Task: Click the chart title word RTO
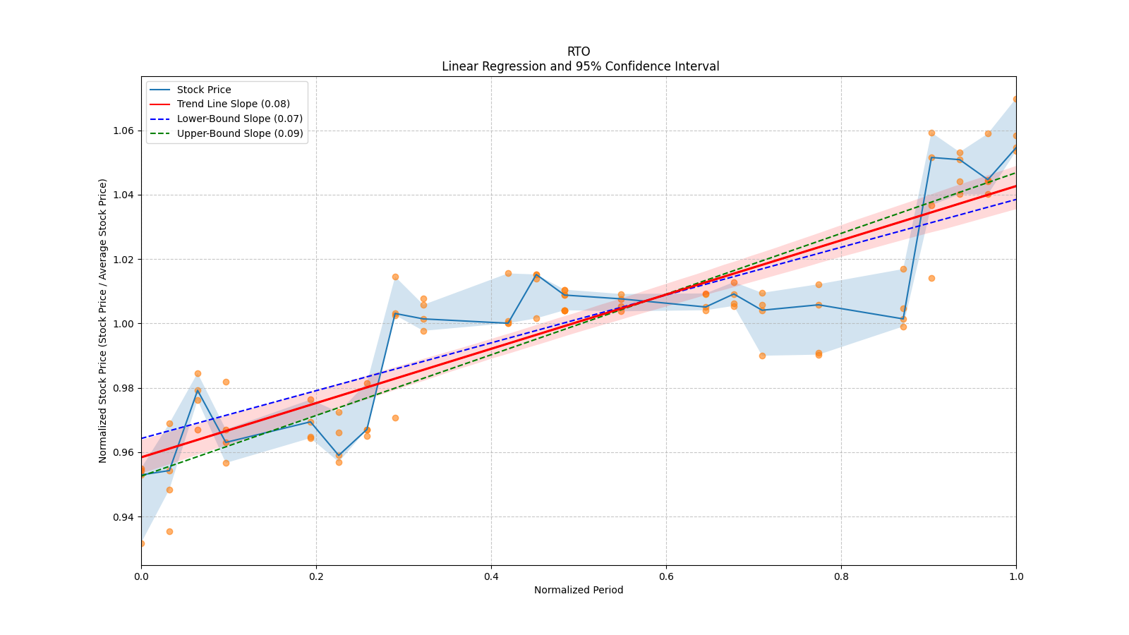[x=579, y=52]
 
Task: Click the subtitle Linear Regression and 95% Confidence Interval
[x=580, y=66]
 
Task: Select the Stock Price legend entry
[x=204, y=90]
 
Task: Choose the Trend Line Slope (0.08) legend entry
[x=233, y=104]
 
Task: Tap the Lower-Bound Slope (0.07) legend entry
[x=239, y=119]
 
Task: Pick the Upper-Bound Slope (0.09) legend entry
[x=240, y=133]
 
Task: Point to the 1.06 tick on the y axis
[x=125, y=131]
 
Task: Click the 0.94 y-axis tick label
[x=125, y=517]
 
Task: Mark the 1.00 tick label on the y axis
[x=125, y=324]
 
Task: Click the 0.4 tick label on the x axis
[x=491, y=576]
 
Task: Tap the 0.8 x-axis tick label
[x=841, y=576]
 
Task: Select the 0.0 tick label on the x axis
[x=141, y=576]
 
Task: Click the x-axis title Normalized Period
[x=579, y=590]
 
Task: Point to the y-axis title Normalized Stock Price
[x=103, y=320]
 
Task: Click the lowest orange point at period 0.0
[x=142, y=543]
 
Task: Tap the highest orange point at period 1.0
[x=1015, y=99]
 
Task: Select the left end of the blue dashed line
[x=142, y=438]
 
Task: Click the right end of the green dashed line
[x=1015, y=172]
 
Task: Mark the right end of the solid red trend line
[x=1015, y=186]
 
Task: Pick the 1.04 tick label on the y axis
[x=125, y=195]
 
